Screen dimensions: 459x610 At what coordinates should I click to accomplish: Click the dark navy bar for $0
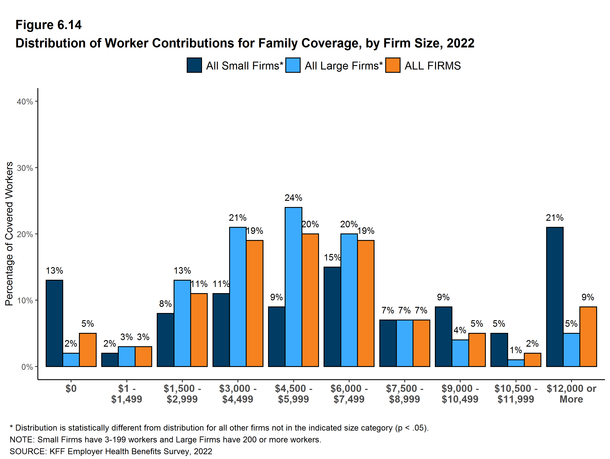pyautogui.click(x=54, y=323)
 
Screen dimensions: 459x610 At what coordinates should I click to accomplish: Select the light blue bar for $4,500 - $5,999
pyautogui.click(x=293, y=287)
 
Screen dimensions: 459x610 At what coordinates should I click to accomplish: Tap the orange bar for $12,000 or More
pyautogui.click(x=588, y=336)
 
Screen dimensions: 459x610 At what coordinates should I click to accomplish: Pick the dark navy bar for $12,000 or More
pyautogui.click(x=554, y=297)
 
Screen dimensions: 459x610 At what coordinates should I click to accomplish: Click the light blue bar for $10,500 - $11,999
pyautogui.click(x=516, y=363)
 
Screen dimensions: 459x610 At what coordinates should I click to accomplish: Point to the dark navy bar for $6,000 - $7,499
pyautogui.click(x=332, y=316)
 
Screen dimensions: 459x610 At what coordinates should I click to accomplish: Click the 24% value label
pyautogui.click(x=293, y=198)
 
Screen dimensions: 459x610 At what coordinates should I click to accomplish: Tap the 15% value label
pyautogui.click(x=332, y=257)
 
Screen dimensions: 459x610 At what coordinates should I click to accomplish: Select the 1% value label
pyautogui.click(x=516, y=350)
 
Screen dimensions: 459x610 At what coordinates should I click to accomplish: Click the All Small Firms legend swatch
pyautogui.click(x=194, y=65)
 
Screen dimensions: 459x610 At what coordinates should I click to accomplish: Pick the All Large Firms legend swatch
pyautogui.click(x=293, y=65)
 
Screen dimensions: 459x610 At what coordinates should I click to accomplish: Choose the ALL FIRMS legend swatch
pyautogui.click(x=393, y=65)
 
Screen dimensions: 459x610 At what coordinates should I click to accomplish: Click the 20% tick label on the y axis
pyautogui.click(x=25, y=234)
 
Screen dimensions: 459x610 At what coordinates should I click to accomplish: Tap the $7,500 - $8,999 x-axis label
pyautogui.click(x=404, y=394)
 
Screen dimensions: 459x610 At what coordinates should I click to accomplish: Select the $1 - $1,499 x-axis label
pyautogui.click(x=127, y=394)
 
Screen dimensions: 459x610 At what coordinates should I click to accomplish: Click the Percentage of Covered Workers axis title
pyautogui.click(x=9, y=234)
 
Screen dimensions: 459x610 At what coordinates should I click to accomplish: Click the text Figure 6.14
pyautogui.click(x=49, y=25)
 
